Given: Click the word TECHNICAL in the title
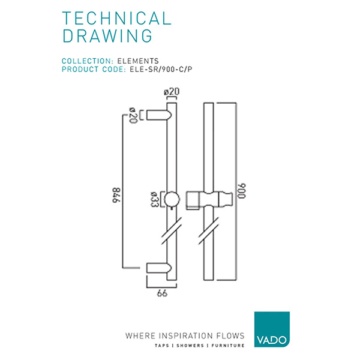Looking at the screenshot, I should [x=116, y=18].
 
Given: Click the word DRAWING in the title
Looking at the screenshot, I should [x=107, y=37].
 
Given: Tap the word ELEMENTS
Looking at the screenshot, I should [x=138, y=61].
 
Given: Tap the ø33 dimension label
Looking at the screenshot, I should [x=154, y=198].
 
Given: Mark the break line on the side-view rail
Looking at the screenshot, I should [x=172, y=230].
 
